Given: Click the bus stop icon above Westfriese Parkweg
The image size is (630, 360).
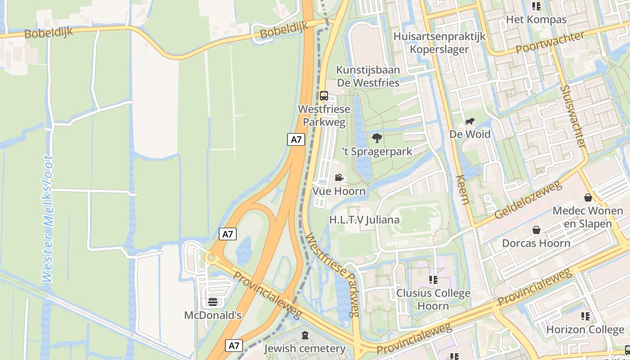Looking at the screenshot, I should click(324, 95).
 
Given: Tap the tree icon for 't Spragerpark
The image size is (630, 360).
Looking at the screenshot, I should click(377, 138).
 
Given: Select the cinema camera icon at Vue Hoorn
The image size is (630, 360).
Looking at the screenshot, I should click(339, 177).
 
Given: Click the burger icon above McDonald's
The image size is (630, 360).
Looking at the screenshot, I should click(213, 301).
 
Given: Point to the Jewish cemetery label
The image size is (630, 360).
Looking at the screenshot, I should click(305, 349).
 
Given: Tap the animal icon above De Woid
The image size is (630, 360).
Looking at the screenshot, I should click(470, 121).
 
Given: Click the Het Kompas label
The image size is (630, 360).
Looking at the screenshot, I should click(536, 20).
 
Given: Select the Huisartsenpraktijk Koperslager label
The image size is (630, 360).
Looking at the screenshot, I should click(439, 43).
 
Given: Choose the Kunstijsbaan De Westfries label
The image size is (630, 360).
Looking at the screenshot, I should click(368, 76).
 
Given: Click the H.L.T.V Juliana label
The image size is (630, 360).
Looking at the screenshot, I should click(364, 220).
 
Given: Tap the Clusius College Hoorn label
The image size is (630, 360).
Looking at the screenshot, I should click(433, 300).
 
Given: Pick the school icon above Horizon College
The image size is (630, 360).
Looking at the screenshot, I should click(585, 316).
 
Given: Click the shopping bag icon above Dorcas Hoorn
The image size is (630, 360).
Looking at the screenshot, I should click(536, 230).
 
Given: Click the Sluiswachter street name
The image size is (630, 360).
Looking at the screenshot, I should click(574, 117).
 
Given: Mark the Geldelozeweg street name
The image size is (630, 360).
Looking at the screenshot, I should click(529, 200).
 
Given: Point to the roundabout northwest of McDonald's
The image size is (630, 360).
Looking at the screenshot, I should click(210, 257).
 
